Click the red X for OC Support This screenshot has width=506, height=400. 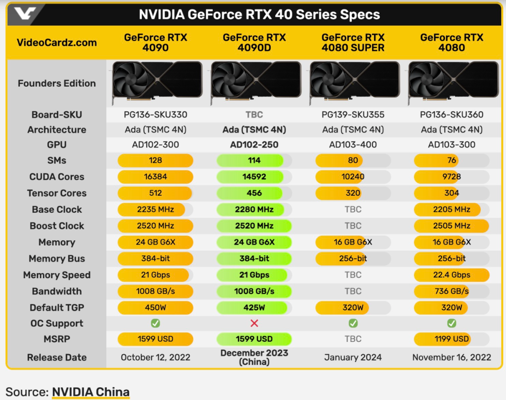tap(254, 323)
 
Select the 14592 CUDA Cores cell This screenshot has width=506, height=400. tap(254, 177)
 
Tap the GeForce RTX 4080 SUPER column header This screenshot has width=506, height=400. tap(353, 43)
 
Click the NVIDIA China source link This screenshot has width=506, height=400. tap(90, 392)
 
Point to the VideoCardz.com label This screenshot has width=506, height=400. tap(57, 43)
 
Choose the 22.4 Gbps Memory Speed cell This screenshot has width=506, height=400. tap(452, 275)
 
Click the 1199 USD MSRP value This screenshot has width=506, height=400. tap(452, 339)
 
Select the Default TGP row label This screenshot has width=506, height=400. tap(57, 308)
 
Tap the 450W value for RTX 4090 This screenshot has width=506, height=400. tap(156, 308)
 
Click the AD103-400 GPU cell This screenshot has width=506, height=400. tap(353, 145)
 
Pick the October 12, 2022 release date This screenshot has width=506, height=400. tap(156, 357)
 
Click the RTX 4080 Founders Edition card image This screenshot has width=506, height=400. tap(452, 83)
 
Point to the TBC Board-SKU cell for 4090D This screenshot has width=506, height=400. tap(254, 115)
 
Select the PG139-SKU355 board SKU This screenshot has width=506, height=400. tap(353, 115)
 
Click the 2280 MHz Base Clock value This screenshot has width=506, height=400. tap(254, 209)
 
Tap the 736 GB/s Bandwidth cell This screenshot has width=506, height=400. tap(452, 291)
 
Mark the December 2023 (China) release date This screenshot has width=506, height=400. tap(254, 357)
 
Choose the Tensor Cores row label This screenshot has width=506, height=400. tap(57, 193)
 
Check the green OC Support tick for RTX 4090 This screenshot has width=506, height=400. tap(156, 323)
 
